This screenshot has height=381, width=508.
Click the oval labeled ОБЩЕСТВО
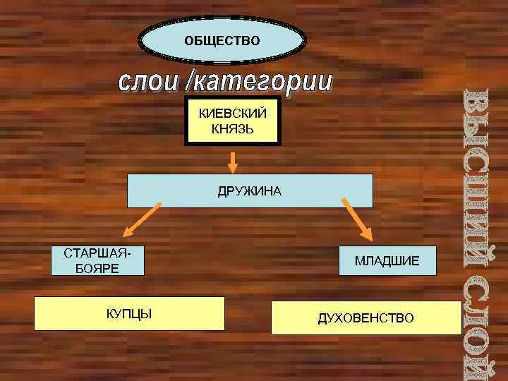(222, 40)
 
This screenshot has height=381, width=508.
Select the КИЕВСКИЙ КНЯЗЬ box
(232, 122)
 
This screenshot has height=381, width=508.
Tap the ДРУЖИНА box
(250, 190)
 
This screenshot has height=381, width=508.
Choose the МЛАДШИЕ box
(387, 261)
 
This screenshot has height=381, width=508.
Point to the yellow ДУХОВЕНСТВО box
(366, 318)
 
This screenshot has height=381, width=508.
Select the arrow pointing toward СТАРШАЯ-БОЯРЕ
(142, 220)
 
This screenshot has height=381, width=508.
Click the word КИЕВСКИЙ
(232, 114)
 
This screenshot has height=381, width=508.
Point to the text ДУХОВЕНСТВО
(366, 318)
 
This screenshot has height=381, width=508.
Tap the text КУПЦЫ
(129, 313)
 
